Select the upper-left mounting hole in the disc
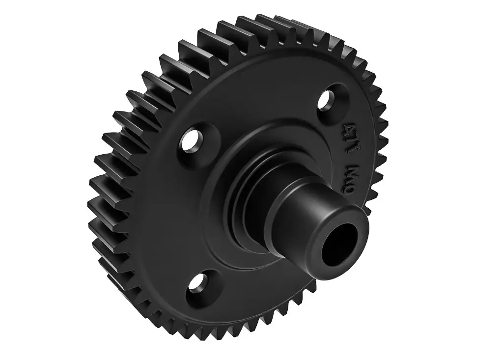click(x=191, y=141)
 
